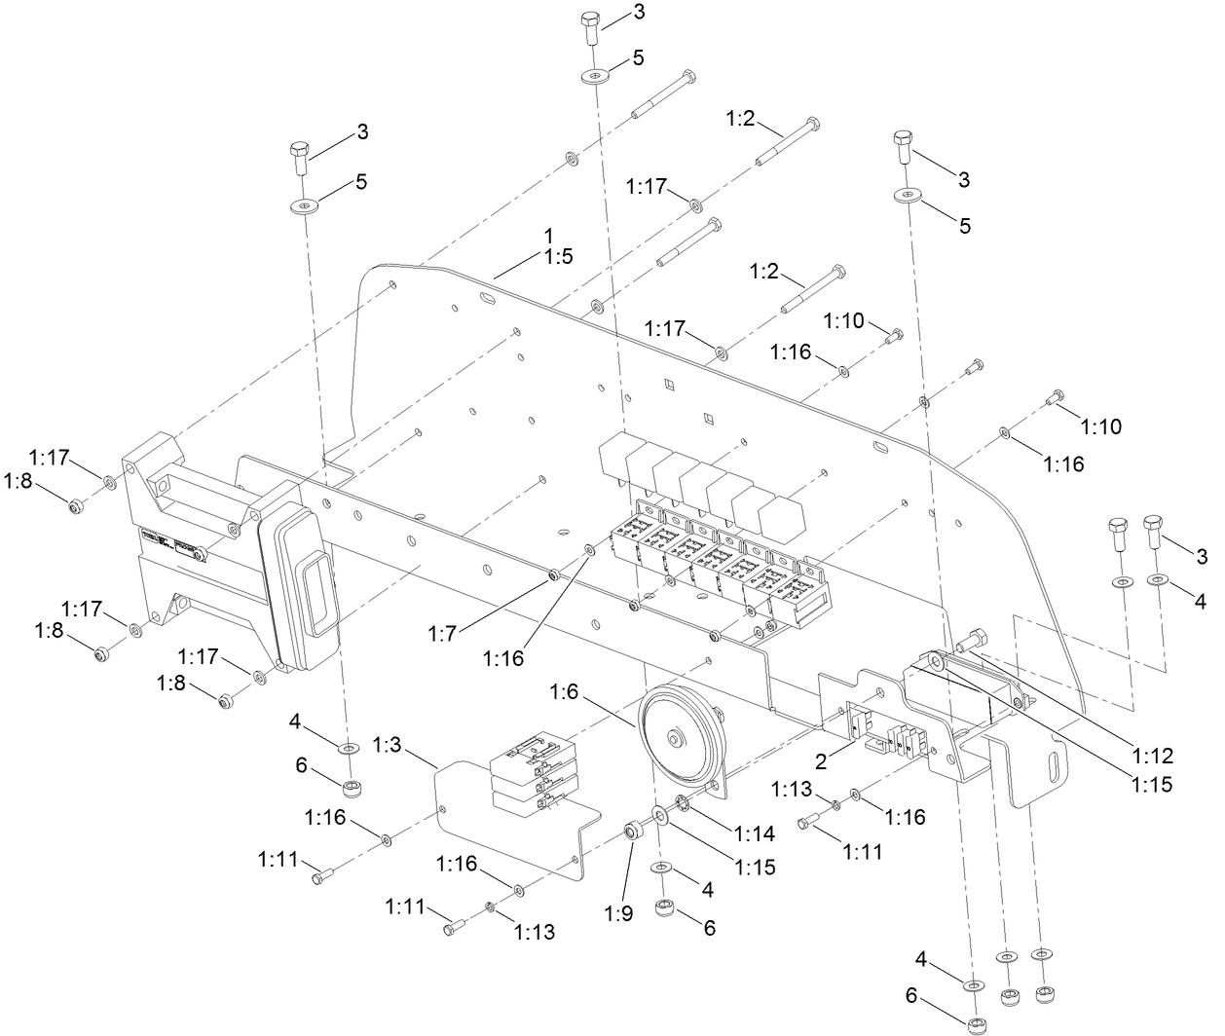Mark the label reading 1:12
pos(1154,755)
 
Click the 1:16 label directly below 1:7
pos(503,658)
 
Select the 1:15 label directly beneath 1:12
pos(1154,781)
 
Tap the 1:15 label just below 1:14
pos(756,866)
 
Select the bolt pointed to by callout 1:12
pos(972,641)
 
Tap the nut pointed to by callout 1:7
pos(554,574)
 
